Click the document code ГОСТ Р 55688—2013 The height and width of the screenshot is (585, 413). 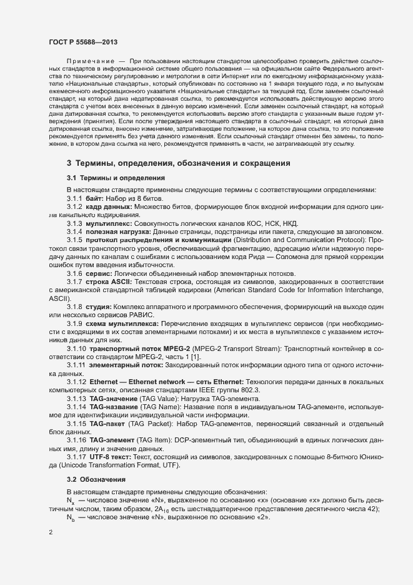click(82, 41)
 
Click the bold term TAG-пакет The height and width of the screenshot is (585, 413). click(107, 424)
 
